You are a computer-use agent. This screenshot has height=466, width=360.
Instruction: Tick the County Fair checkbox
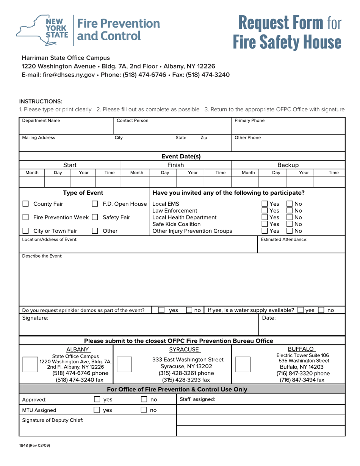click(25, 204)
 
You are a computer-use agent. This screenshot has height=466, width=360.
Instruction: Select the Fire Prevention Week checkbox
click(25, 217)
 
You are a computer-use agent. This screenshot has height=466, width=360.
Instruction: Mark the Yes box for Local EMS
click(265, 204)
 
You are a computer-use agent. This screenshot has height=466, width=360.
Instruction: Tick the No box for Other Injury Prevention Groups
click(290, 231)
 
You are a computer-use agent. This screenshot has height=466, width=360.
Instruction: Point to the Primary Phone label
click(250, 120)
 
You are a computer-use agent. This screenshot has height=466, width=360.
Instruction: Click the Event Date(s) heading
click(181, 156)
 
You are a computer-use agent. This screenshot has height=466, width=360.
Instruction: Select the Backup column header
click(288, 165)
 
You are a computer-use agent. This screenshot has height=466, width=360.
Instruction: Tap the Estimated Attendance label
click(284, 239)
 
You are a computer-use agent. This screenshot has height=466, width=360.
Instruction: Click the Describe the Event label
click(42, 256)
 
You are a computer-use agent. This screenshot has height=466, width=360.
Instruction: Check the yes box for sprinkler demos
click(161, 310)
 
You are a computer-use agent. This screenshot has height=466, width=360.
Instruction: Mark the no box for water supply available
click(321, 310)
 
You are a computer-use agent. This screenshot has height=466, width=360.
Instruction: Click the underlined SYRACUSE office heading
click(184, 349)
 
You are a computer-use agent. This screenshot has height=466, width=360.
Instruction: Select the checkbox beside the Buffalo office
click(243, 364)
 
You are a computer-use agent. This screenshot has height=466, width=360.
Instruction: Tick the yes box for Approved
click(97, 399)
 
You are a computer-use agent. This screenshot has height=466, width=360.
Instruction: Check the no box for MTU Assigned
click(144, 410)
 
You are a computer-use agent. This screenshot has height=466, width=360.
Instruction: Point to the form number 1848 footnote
click(34, 446)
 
